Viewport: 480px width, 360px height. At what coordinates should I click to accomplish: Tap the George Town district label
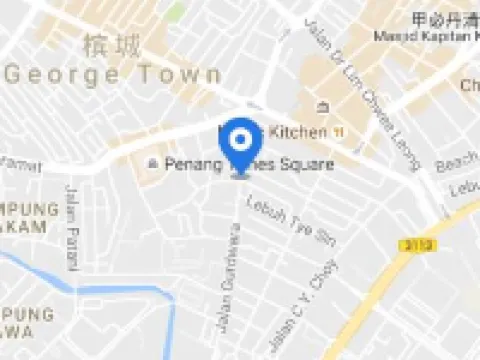tap(114, 75)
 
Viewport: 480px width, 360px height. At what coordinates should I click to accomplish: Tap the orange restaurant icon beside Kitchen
tap(340, 132)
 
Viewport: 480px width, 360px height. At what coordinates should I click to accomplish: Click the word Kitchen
tap(297, 132)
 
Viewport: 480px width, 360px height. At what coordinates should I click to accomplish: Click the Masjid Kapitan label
tap(423, 37)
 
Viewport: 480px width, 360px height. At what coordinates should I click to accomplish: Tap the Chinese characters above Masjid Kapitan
tap(442, 20)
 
